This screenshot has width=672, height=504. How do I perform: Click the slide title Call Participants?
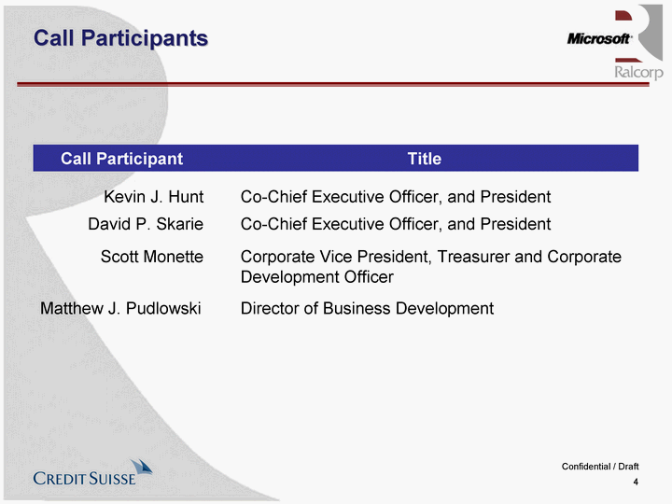tap(120, 38)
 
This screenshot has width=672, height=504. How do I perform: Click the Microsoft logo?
tap(599, 39)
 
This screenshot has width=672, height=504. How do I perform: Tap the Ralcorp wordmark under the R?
tap(638, 72)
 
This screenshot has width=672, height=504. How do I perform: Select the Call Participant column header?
tap(121, 159)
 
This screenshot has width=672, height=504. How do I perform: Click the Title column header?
tap(425, 159)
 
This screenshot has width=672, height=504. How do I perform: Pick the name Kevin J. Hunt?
tap(154, 197)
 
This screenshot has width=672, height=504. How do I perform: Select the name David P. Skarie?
tap(146, 224)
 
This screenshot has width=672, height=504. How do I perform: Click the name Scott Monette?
tap(152, 257)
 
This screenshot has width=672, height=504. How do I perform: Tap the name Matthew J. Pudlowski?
tap(120, 309)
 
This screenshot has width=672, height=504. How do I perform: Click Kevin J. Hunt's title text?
tap(396, 197)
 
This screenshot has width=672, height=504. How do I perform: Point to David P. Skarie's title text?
tap(396, 224)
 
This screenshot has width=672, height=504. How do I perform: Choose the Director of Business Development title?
tap(368, 309)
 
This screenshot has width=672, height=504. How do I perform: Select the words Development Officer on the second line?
tap(317, 277)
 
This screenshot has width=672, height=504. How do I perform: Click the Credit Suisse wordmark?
tap(84, 479)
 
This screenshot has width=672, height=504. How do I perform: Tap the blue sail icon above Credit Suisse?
tap(142, 468)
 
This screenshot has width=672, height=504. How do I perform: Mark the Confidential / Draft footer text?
tap(600, 467)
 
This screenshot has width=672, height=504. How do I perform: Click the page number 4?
tap(636, 483)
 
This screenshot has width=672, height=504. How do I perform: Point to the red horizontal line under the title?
tap(333, 84)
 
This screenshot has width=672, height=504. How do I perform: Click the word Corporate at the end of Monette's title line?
tap(584, 257)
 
